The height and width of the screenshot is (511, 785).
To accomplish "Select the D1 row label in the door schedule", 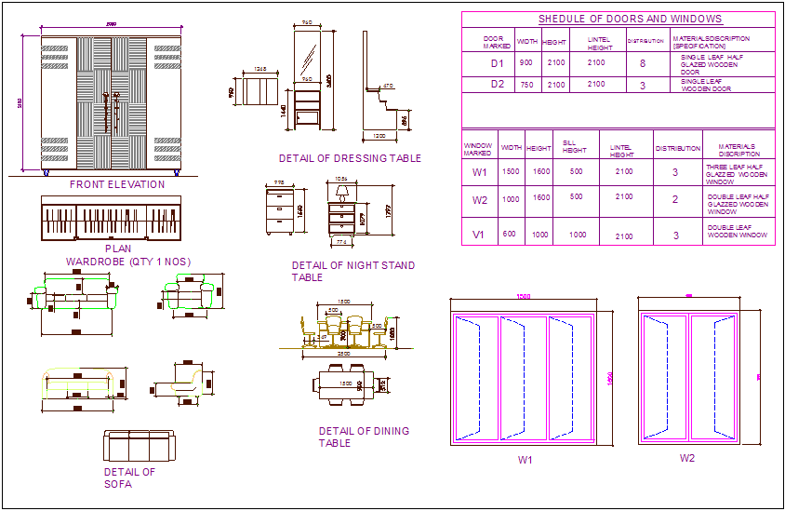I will (497, 63).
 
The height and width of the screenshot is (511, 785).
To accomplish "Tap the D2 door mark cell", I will (497, 85).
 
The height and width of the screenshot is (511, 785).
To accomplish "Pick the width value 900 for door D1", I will (526, 63).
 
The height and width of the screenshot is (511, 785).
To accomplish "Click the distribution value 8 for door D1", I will (642, 63).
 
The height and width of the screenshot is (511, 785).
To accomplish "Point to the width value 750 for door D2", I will (526, 85).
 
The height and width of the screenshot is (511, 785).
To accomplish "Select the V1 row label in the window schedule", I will (480, 235).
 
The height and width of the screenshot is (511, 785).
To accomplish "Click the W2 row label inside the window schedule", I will (480, 200).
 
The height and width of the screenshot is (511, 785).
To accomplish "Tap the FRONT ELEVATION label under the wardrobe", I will (117, 184).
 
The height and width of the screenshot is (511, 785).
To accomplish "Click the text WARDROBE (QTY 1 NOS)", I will (128, 262).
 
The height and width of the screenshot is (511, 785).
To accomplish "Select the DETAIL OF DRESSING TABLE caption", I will (350, 158).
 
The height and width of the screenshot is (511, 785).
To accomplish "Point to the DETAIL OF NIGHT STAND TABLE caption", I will (353, 271).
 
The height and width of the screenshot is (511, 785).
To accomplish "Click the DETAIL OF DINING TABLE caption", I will (364, 437).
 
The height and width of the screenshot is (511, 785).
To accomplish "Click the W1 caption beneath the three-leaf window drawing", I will (526, 459).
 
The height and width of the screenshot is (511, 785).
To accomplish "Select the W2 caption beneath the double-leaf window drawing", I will (687, 458).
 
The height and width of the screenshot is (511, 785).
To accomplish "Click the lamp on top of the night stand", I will (341, 192).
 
